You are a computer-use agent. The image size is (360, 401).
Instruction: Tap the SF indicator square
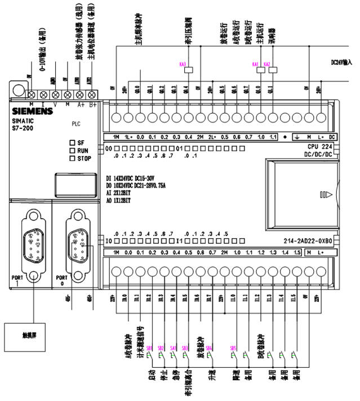tap(72, 143)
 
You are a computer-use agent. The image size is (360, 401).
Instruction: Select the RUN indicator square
tap(72, 150)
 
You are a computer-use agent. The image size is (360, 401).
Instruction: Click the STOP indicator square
tap(72, 158)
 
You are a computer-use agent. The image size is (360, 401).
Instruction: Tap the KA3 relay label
tap(183, 65)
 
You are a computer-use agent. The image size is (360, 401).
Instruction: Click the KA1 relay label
tap(255, 65)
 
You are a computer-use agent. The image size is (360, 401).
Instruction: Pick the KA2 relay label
tap(267, 65)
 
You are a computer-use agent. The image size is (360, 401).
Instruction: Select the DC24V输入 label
tap(342, 64)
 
